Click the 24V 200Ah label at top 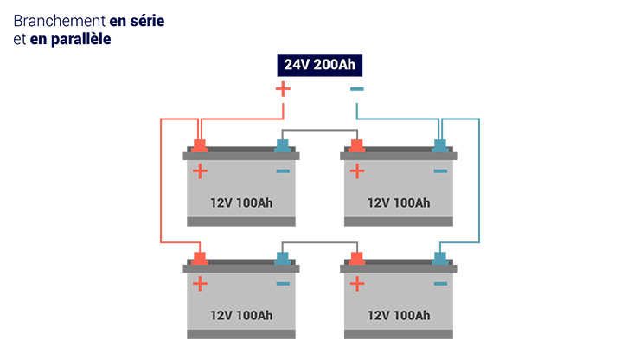click(x=320, y=65)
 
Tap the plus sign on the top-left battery click(x=200, y=171)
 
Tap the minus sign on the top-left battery click(x=283, y=171)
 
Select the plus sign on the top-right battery click(x=356, y=171)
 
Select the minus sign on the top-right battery click(x=440, y=171)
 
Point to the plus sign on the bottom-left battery click(x=200, y=284)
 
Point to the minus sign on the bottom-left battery click(x=283, y=284)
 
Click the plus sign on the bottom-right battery click(x=356, y=284)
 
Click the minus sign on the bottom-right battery click(x=440, y=284)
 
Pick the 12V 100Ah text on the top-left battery click(x=241, y=202)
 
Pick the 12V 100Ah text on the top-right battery click(x=399, y=202)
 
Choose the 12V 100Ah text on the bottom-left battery click(x=241, y=315)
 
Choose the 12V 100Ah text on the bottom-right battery click(x=399, y=315)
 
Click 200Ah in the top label click(x=335, y=65)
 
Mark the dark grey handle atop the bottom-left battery click(x=241, y=252)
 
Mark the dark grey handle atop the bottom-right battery click(x=398, y=252)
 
